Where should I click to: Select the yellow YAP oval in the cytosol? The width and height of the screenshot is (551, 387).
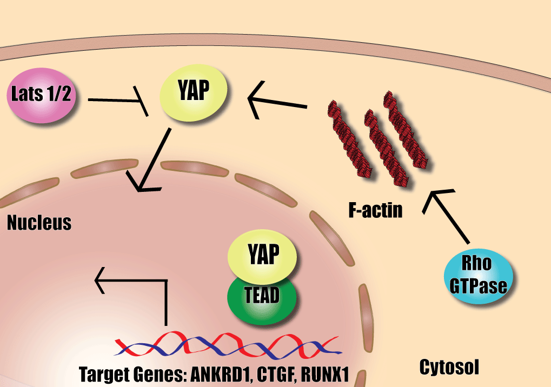pos(193,93)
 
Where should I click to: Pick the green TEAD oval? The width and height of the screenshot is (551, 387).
pos(262,296)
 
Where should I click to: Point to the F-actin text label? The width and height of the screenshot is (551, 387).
pos(375,209)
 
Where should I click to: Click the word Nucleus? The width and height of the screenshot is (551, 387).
pos(39,222)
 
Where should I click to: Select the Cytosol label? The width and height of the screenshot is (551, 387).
pos(449,368)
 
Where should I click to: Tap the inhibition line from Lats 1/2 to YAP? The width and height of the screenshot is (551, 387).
pos(116,101)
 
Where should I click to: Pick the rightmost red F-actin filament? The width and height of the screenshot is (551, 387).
pos(406,130)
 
